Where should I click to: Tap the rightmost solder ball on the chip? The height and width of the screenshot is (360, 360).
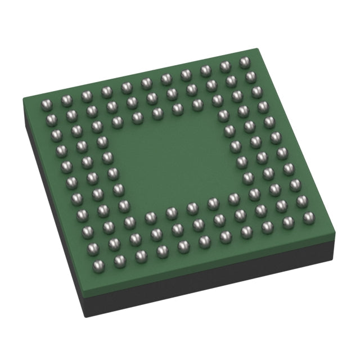(x=308, y=217)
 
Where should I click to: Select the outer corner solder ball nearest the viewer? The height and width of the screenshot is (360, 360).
(x=119, y=260)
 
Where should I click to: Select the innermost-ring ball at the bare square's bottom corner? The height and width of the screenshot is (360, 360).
(x=150, y=217)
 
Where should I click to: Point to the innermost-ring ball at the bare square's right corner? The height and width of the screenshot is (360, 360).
(x=233, y=199)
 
